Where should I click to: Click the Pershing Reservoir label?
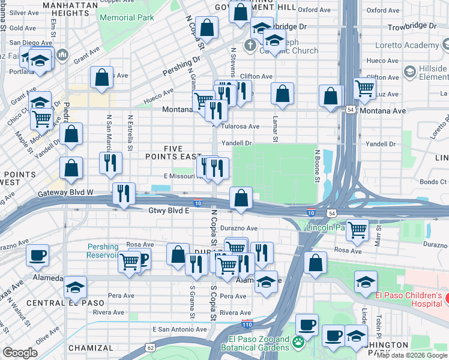tap(103, 251)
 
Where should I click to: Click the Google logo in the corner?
tap(20, 353)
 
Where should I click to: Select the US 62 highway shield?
tap(150, 347)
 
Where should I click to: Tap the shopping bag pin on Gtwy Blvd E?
tap(241, 197)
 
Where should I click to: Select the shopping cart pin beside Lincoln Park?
tap(357, 229)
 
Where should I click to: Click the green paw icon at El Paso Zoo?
tap(298, 341)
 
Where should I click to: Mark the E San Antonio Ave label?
tap(180, 329)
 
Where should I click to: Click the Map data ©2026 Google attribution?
tap(412, 355)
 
